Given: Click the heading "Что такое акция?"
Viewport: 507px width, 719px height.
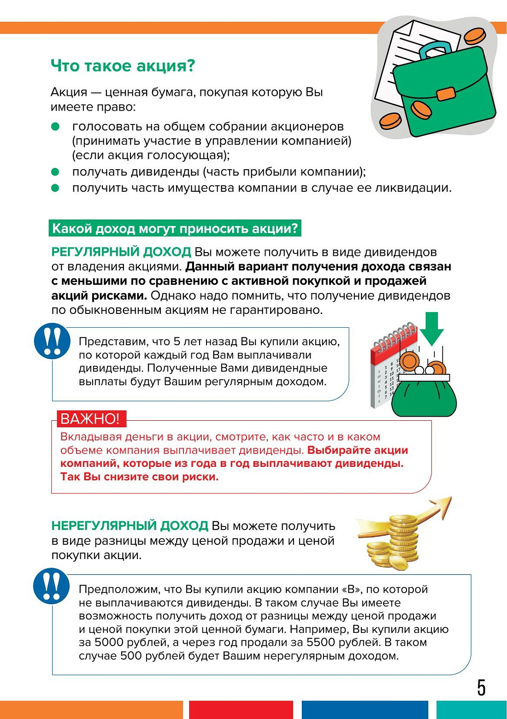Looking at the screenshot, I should pos(123,66).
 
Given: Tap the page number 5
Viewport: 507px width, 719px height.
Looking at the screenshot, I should pos(481,688).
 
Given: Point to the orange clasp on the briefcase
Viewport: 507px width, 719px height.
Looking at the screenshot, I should pos(446,94).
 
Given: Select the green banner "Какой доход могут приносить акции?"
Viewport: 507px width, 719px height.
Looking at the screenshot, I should pos(175,228).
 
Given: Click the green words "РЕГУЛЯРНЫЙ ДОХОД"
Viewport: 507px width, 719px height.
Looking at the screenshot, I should pos(121,252).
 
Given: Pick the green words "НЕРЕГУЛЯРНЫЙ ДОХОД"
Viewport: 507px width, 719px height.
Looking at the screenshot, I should pos(130,526).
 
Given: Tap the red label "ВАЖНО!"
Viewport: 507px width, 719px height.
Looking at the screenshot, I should pos(90,418).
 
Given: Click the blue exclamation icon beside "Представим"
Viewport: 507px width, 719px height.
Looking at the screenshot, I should pos(52,341).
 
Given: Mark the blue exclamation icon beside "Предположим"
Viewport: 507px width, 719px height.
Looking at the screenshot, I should pos(51,586).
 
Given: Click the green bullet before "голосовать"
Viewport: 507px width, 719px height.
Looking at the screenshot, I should pos(55,126).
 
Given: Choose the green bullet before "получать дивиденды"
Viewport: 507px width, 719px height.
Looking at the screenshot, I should pos(55,172).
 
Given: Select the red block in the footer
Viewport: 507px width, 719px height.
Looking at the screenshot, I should pos(241,710).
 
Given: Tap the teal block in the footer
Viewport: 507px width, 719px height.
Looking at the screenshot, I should pos(471,710).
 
